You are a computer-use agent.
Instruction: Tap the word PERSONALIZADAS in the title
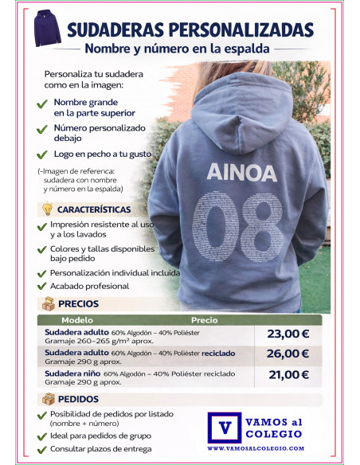click(x=237, y=29)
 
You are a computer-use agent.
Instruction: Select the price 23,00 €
click(x=288, y=334)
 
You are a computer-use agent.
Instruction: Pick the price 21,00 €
click(x=288, y=375)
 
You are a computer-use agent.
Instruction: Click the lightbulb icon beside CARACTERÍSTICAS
click(x=47, y=209)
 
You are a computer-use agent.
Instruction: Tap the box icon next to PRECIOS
click(x=48, y=303)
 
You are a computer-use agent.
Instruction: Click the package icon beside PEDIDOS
click(x=48, y=399)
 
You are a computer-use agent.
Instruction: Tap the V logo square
click(x=225, y=427)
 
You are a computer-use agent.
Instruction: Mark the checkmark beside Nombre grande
click(x=42, y=104)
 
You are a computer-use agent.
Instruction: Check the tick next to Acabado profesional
click(x=42, y=286)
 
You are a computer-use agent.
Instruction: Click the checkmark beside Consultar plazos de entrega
click(x=42, y=449)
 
